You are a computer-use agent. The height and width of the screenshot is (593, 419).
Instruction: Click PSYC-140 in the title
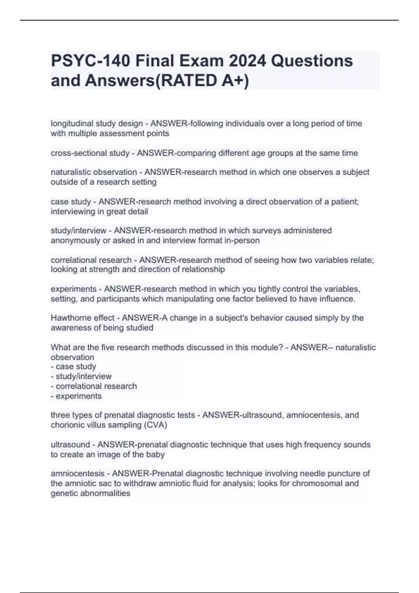tap(90, 61)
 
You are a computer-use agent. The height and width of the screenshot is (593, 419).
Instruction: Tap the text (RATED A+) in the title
tap(202, 81)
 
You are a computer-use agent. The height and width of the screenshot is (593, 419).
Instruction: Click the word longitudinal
tap(72, 123)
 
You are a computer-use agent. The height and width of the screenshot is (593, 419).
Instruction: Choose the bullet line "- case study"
tap(73, 367)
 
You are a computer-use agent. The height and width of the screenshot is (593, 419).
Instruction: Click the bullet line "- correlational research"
tap(94, 386)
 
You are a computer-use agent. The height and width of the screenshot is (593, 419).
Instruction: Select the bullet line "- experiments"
tap(76, 396)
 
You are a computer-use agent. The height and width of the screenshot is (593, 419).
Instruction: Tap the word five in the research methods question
tap(109, 347)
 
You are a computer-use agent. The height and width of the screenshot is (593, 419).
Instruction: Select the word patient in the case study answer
tap(345, 202)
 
